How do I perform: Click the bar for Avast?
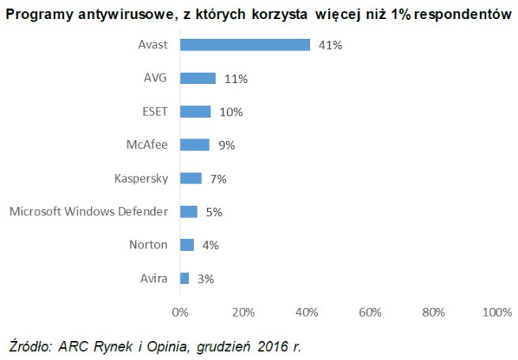click(x=245, y=45)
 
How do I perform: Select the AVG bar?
click(x=198, y=78)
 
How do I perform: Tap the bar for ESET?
click(x=195, y=112)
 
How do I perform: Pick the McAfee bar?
click(x=195, y=145)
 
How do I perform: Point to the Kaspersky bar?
click(x=191, y=178)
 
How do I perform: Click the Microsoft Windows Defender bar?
click(x=188, y=211)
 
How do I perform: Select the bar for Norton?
click(x=187, y=244)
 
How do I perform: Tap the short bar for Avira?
click(x=184, y=278)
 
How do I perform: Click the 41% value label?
click(x=330, y=46)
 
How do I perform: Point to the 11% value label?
click(x=235, y=79)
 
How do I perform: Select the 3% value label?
click(x=205, y=279)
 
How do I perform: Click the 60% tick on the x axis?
click(x=370, y=312)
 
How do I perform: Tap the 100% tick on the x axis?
click(x=497, y=312)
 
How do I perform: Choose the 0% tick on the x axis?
click(x=180, y=312)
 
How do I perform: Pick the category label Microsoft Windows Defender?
click(x=89, y=211)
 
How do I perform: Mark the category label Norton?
click(x=148, y=244)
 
